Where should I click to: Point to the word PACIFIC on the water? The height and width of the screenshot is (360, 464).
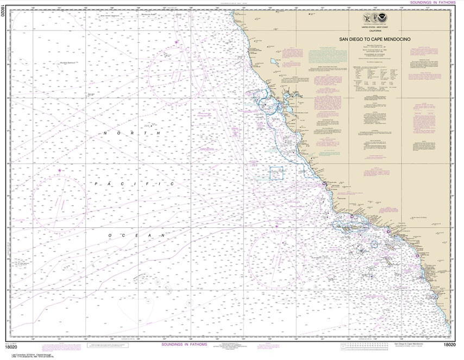click(x=134, y=184)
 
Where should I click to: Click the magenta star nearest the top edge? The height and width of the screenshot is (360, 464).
click(x=176, y=42)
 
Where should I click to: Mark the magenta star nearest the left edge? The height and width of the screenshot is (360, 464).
click(x=59, y=171)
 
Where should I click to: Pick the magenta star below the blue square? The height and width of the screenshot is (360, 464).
click(x=277, y=226)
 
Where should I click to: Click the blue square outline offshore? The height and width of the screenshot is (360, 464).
click(x=277, y=173)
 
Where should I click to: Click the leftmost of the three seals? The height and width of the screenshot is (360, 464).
click(x=367, y=21)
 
